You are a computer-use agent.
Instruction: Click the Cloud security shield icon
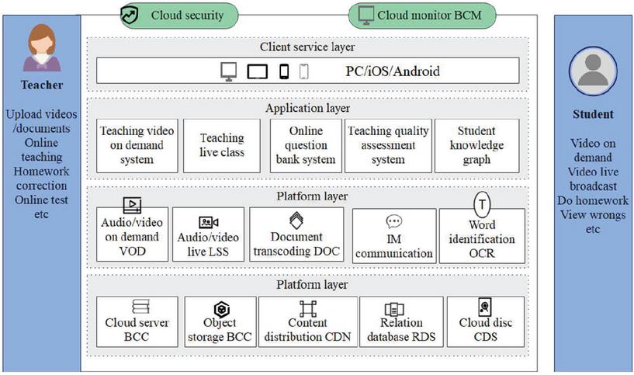(x=130, y=15)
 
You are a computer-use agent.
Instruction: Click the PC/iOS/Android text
(x=393, y=71)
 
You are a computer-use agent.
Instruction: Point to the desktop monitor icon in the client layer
(x=229, y=71)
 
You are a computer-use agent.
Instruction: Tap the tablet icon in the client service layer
(x=258, y=72)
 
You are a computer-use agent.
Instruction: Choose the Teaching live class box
(x=221, y=145)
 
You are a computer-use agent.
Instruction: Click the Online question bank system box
(x=306, y=145)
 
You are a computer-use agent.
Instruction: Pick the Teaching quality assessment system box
(x=388, y=145)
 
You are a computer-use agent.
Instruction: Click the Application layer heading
(x=307, y=109)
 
